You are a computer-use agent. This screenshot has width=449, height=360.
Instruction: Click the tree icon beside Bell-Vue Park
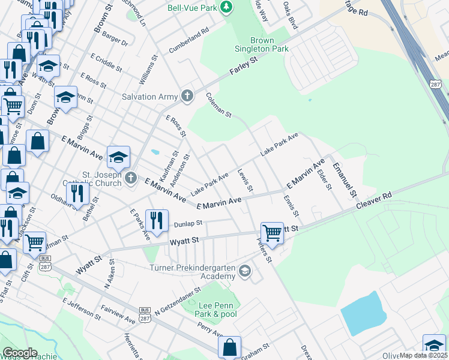(227, 7)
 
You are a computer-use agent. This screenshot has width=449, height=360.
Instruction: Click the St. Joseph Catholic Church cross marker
(131, 178)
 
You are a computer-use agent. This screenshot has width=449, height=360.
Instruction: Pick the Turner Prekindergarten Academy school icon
(244, 272)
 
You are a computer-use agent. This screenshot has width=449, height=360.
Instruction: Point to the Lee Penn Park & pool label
(217, 310)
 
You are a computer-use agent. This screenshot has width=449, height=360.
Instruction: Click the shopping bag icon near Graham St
(229, 346)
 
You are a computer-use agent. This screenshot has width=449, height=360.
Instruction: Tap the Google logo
(20, 353)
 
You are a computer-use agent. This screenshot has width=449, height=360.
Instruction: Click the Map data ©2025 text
(423, 355)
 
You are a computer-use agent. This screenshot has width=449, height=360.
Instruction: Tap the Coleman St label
(218, 104)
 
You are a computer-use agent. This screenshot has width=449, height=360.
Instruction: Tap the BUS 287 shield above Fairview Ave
(144, 313)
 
